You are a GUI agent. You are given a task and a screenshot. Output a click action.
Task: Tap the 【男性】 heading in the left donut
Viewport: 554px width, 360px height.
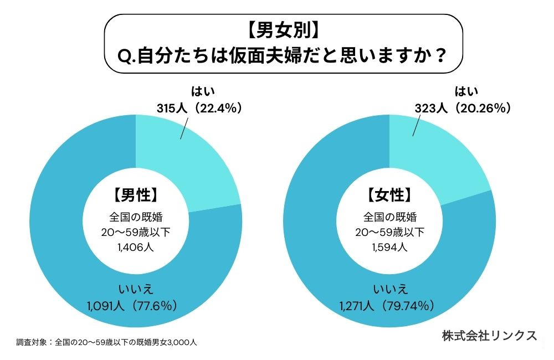(135, 195)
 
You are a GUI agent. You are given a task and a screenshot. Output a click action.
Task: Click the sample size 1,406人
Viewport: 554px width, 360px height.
(135, 247)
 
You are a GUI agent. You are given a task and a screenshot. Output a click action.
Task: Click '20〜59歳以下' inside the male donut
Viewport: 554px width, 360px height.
(135, 232)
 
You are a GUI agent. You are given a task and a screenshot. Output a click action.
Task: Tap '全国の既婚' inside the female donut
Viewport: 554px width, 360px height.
(389, 216)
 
